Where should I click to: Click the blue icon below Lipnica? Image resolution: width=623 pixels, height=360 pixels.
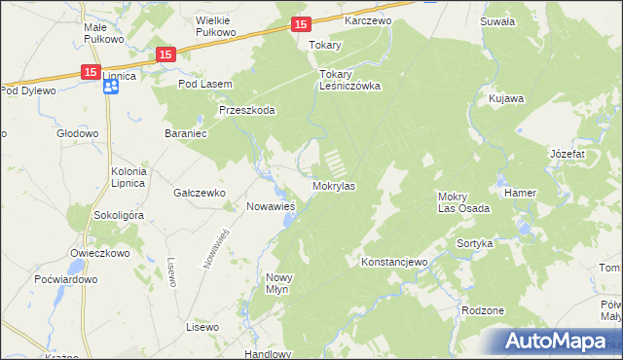(x=110, y=88)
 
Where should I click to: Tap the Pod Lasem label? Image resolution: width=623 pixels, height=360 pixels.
(x=204, y=84)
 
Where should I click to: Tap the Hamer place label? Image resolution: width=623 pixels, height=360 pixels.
(x=520, y=193)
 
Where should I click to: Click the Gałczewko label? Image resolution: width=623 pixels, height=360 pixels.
(x=200, y=193)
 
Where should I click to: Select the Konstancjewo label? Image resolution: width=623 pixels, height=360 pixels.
(x=394, y=263)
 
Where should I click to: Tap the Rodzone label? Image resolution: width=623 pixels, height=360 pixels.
(x=484, y=310)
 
